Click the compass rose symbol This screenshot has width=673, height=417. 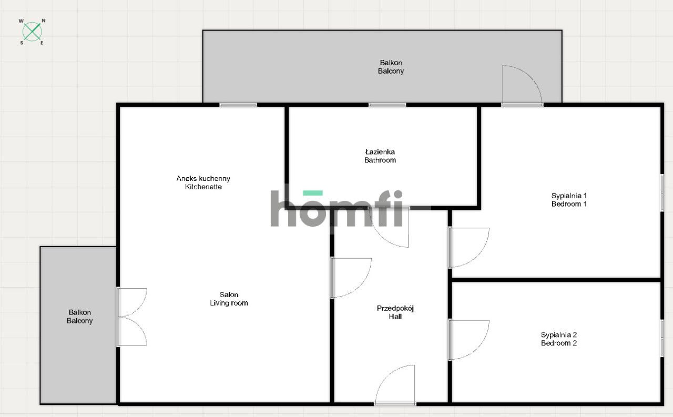32,32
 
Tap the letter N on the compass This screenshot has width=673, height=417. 44,21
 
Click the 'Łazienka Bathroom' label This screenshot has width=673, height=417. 380,156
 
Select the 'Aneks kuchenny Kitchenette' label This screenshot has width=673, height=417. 203,182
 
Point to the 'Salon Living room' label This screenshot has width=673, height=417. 229,299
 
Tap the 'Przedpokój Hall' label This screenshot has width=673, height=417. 395,312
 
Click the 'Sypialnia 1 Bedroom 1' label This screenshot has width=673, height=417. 569,200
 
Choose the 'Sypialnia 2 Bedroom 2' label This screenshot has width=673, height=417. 559,339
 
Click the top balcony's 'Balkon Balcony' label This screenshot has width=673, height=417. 391,67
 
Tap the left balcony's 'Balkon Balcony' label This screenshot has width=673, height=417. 79,317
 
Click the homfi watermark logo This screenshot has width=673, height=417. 336,208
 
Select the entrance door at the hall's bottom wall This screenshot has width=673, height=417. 395,384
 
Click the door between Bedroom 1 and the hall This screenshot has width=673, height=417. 468,248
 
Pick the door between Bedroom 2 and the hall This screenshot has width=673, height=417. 468,340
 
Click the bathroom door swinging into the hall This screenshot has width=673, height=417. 389,227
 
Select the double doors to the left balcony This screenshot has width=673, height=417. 132,317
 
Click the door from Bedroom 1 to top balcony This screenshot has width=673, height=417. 523,86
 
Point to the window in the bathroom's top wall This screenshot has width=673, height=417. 388,105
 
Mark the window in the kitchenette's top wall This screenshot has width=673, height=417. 238,105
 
